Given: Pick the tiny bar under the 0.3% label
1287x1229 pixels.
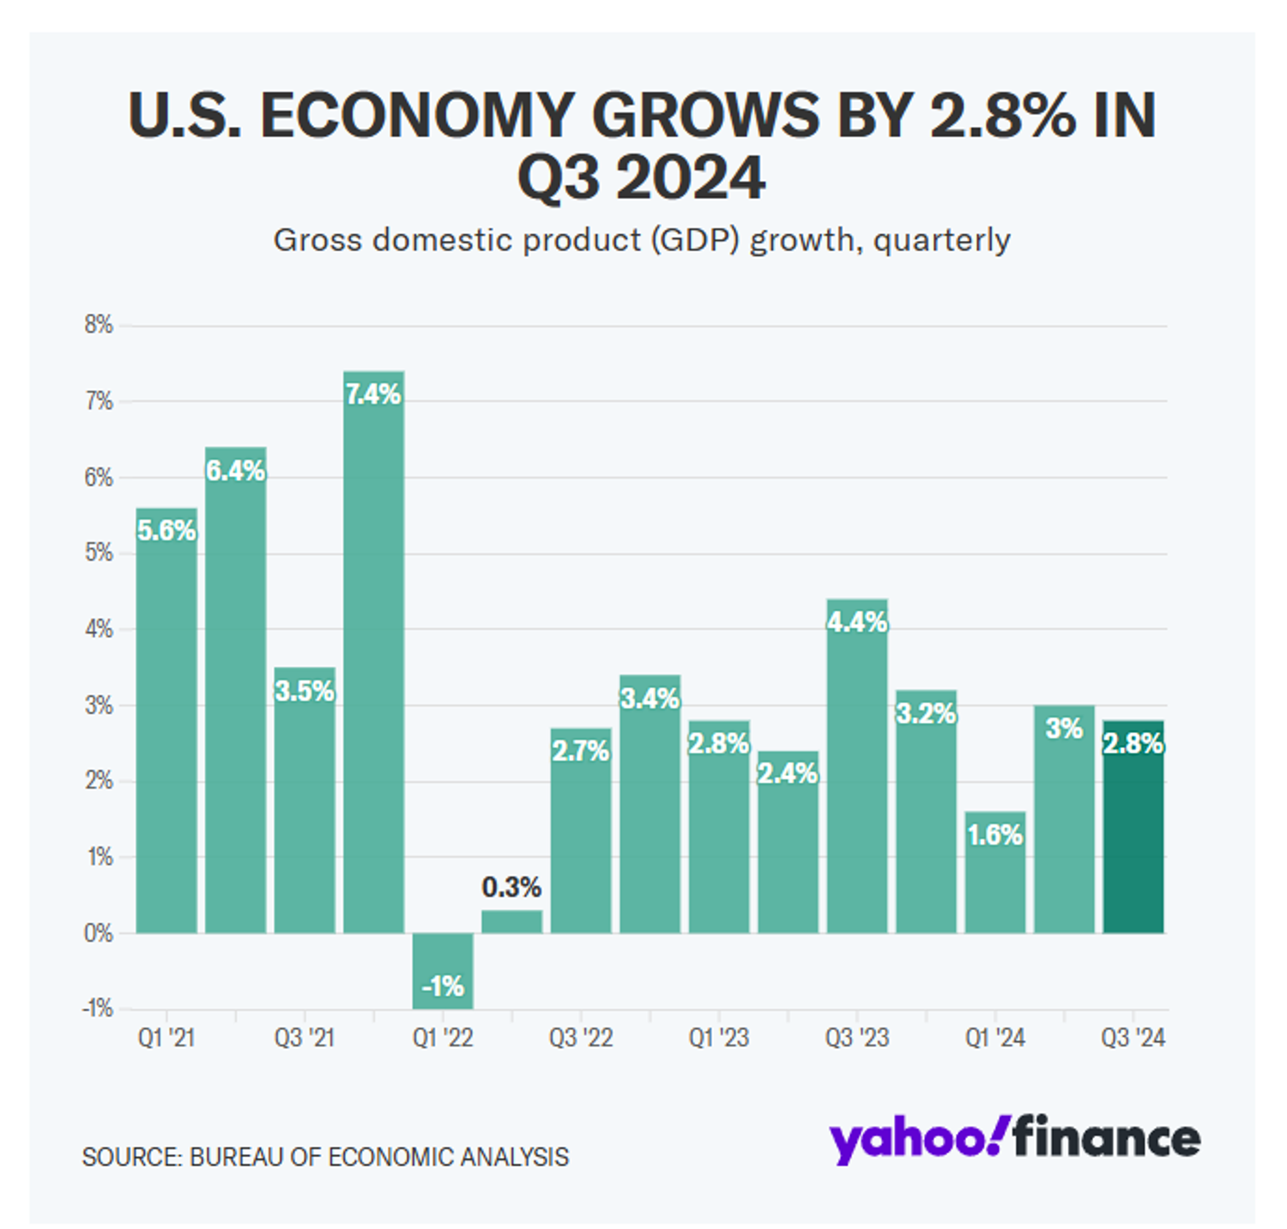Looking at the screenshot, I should (511, 921).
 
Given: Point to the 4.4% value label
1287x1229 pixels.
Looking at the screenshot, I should (857, 622).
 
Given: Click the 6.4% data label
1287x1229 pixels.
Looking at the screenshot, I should (235, 470).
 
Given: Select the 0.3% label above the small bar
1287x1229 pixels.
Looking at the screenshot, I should (511, 887).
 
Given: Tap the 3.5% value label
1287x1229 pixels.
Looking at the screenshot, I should (305, 690).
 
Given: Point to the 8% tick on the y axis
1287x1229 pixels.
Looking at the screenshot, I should (99, 325).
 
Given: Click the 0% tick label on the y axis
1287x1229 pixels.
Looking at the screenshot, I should (99, 933).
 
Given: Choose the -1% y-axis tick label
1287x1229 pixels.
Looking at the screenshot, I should (98, 1009).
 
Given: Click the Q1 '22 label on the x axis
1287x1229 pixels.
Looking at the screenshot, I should (443, 1038).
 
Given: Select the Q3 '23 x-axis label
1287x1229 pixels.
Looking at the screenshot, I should (857, 1038).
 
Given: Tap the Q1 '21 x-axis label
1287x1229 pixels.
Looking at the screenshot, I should (166, 1038).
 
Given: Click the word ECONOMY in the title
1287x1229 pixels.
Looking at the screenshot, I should (417, 115).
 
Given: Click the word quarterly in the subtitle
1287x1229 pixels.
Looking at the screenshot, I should (941, 240).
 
